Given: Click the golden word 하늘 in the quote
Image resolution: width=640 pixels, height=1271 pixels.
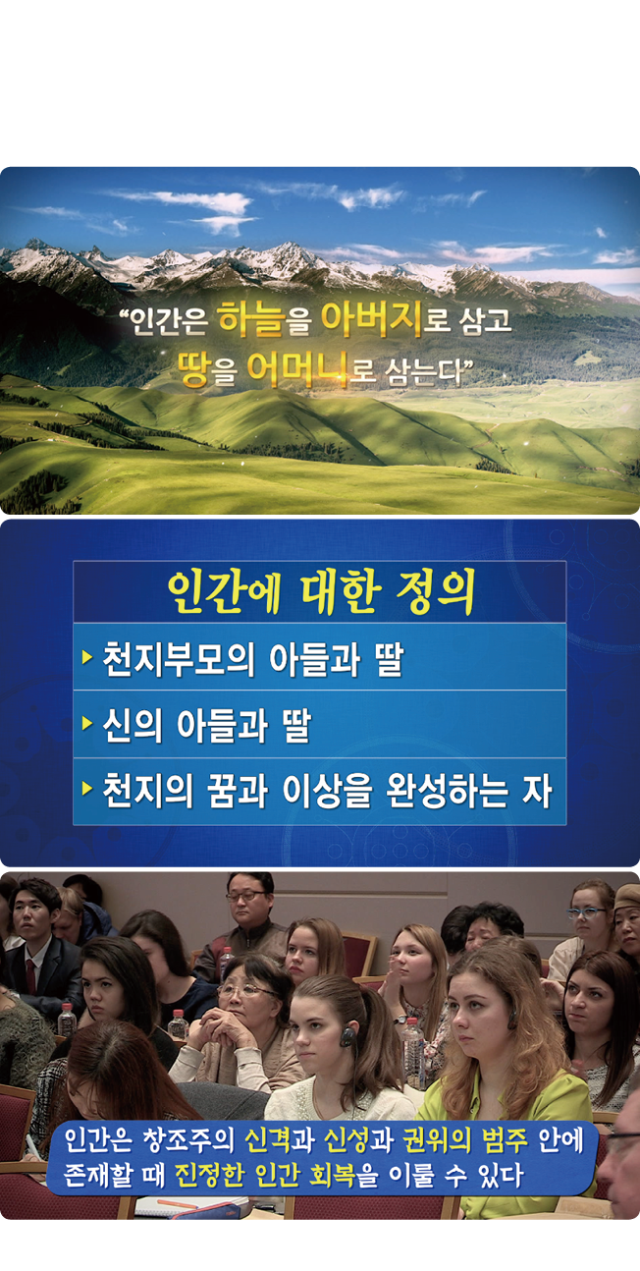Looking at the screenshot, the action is (250, 318).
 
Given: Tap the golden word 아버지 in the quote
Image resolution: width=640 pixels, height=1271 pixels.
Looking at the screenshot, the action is (372, 318).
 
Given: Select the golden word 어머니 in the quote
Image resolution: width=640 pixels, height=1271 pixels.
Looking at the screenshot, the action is (297, 369).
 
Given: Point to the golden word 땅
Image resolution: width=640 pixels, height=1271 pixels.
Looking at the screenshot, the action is (193, 369).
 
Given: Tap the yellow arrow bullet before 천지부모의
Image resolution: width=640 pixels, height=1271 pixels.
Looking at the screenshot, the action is (87, 657).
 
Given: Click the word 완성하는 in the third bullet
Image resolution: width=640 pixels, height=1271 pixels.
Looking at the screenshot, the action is (447, 791).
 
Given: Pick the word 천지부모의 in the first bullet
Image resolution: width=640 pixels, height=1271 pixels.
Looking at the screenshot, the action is (179, 659).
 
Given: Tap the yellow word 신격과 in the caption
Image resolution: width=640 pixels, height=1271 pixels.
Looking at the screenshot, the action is (280, 1140).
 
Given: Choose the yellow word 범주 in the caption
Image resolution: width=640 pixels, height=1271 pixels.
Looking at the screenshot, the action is (505, 1140).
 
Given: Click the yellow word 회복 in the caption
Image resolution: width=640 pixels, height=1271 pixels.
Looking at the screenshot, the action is (332, 1176).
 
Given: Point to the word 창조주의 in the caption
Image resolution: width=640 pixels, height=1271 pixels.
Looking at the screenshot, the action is (188, 1140).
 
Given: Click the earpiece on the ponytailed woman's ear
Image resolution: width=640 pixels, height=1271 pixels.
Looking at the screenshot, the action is (347, 1036).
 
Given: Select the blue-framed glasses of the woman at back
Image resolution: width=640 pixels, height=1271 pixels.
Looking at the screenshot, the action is (585, 912).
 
